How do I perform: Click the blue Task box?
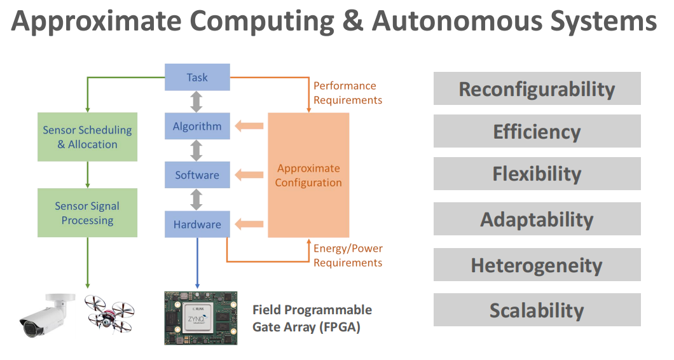coord(196,77)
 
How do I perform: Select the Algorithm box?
coord(196,126)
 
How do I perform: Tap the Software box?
coord(196,175)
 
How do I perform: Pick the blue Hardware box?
coord(196,225)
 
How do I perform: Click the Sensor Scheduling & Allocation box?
coord(87,137)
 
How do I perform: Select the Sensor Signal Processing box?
coord(87,213)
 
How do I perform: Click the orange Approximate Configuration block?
coord(308,175)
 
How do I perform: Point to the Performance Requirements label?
coord(347,93)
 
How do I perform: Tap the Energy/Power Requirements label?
coord(347,255)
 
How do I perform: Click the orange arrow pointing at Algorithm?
coord(249,126)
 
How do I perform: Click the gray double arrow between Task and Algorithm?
coord(196,101)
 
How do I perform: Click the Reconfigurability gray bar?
coord(537,88)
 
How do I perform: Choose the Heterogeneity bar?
coord(537,265)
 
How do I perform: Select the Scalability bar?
coord(537,310)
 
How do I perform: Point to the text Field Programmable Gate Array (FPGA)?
coord(312,318)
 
